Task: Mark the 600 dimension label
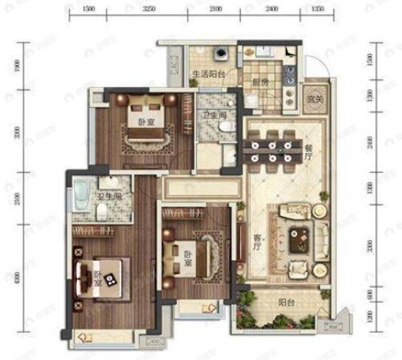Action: [x=370, y=295]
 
